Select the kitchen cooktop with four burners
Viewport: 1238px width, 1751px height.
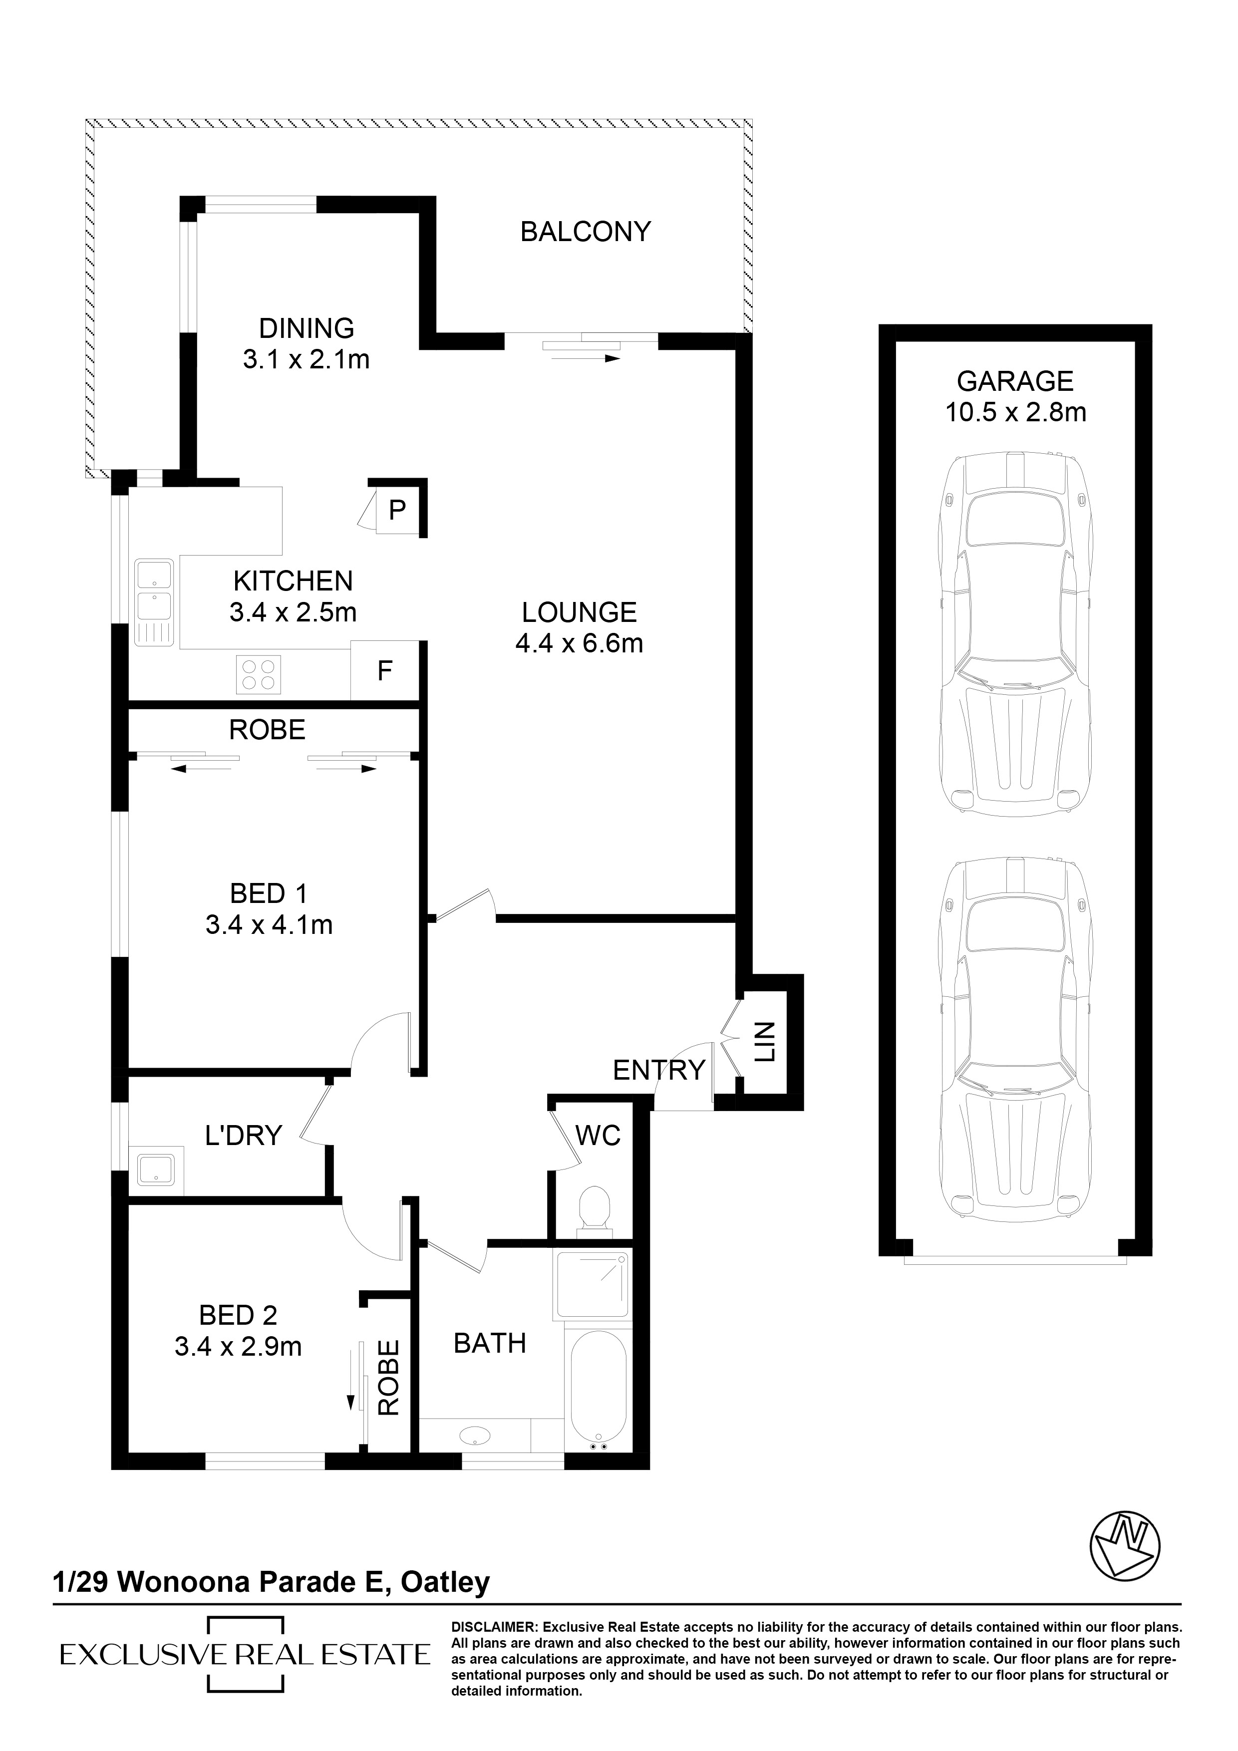258,674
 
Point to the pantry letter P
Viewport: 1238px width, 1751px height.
397,510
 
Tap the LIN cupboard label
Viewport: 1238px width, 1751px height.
765,1043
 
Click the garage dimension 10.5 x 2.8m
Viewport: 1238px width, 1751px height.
1015,413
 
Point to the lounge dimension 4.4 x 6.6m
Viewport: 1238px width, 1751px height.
579,644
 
